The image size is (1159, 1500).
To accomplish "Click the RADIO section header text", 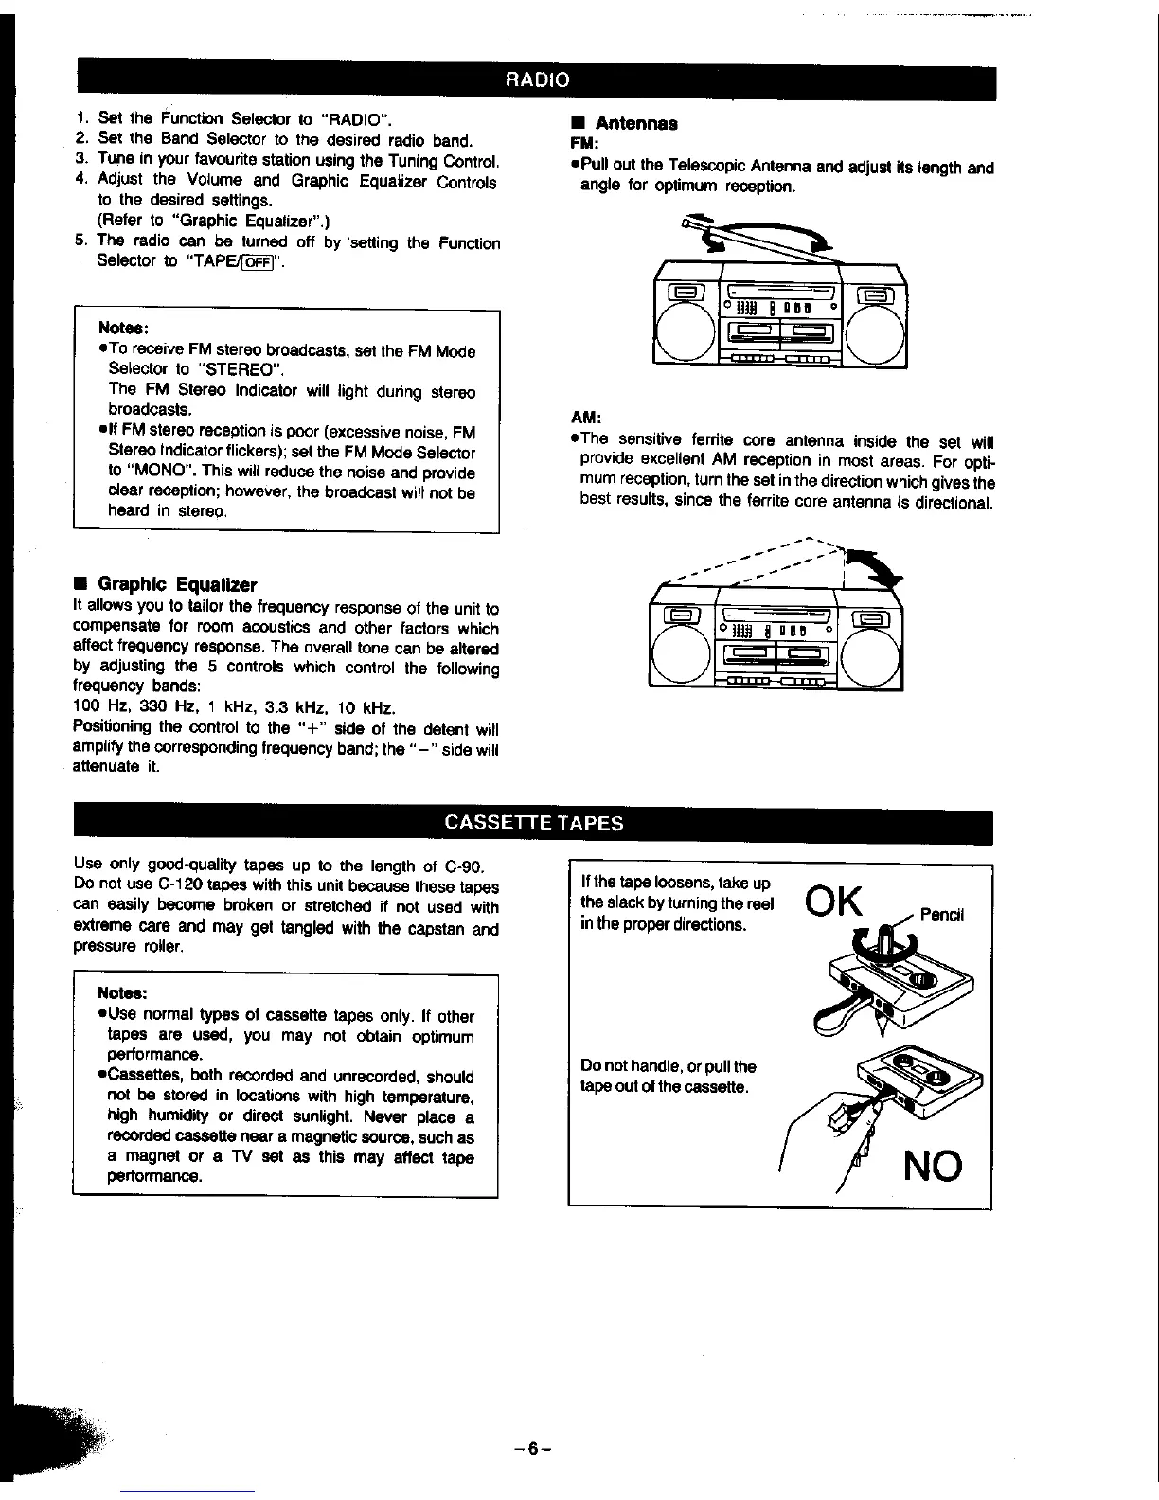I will pyautogui.click(x=537, y=80).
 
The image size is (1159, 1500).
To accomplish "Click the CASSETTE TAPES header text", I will pyautogui.click(x=534, y=821).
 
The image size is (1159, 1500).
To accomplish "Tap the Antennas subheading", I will pyautogui.click(x=634, y=123).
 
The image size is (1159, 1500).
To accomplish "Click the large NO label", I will pyautogui.click(x=931, y=1166).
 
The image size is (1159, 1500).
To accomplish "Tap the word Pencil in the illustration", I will pyautogui.click(x=941, y=916).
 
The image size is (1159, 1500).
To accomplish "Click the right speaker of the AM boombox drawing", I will pyautogui.click(x=870, y=656).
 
